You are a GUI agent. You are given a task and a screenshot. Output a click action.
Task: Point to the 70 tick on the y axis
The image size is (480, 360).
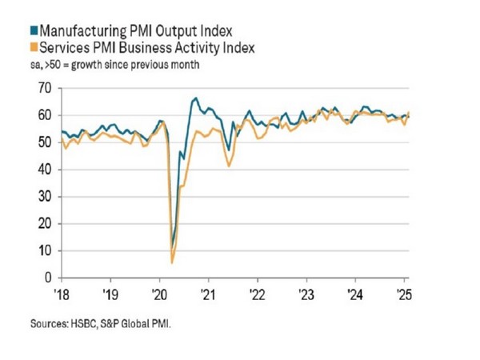[x=46, y=89]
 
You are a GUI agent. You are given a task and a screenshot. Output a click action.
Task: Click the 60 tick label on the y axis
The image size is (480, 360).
[x=46, y=116]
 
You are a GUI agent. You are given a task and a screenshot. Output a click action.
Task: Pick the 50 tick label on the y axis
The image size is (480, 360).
[x=46, y=142]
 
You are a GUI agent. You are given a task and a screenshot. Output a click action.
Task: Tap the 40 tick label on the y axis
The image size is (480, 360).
[x=46, y=170]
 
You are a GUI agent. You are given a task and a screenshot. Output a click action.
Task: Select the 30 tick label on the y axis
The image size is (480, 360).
[x=46, y=197]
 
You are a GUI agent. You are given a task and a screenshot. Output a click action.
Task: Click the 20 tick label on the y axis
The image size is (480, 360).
[x=46, y=224]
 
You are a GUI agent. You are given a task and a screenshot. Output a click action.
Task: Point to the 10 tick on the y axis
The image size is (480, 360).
[x=46, y=250]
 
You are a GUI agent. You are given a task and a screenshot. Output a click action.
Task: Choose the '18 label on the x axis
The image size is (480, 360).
[x=62, y=293]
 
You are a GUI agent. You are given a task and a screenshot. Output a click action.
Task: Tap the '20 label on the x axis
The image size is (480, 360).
[x=159, y=293]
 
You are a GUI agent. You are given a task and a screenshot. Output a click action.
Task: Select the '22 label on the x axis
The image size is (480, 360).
[x=257, y=293]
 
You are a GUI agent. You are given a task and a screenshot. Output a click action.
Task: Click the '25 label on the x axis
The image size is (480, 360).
[x=402, y=293]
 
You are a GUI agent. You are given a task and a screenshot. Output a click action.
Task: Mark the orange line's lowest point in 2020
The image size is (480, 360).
[x=173, y=262]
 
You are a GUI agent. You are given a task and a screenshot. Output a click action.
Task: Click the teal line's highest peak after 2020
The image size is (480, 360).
[x=196, y=98]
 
